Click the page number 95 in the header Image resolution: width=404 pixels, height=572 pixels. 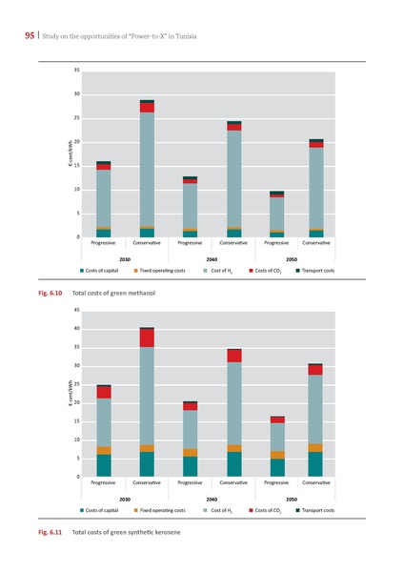tap(17, 37)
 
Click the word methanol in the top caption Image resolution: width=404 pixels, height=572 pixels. tap(139, 293)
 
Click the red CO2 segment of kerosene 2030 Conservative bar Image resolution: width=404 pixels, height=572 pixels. tap(147, 337)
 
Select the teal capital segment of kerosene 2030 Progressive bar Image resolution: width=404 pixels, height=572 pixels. tap(104, 465)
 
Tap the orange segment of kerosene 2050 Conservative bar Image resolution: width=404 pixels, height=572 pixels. tap(315, 448)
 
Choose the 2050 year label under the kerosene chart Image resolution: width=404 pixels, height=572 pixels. tap(293, 498)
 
